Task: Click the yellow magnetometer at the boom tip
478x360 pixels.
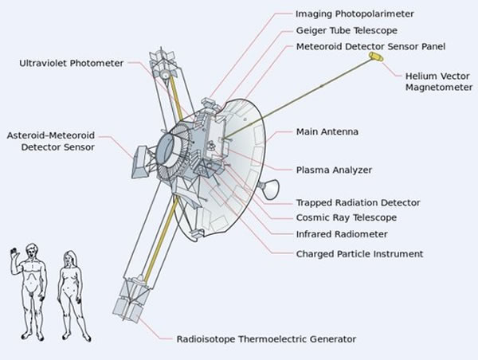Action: pyautogui.click(x=376, y=58)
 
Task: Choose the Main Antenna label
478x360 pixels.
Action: pyautogui.click(x=327, y=131)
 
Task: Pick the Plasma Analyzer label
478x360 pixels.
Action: pyautogui.click(x=334, y=170)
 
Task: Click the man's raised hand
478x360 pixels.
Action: pyautogui.click(x=13, y=253)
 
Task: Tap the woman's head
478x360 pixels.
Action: pyautogui.click(x=69, y=260)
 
